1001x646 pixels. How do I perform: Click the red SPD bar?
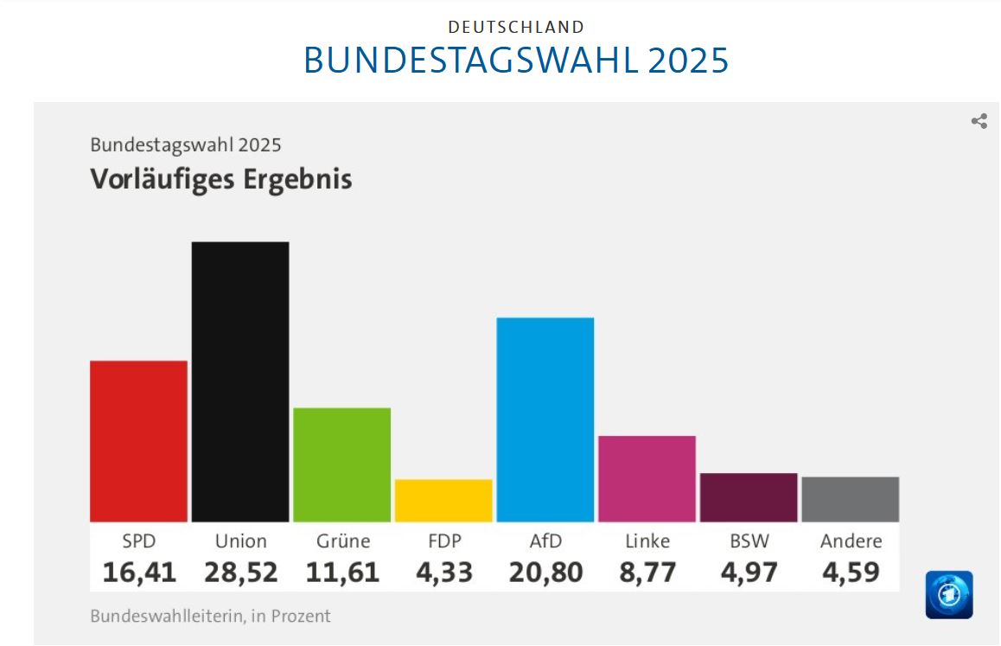coord(138,441)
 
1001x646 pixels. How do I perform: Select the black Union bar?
coord(240,381)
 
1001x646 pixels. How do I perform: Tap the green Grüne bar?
coord(341,464)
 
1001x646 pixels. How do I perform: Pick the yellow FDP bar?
coord(443,501)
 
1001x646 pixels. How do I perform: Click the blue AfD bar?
coord(545,419)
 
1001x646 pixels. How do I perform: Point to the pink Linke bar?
coord(647,478)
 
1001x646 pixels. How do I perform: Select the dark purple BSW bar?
coord(749,497)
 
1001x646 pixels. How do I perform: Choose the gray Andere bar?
coord(850,499)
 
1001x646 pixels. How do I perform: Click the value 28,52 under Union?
coord(241,572)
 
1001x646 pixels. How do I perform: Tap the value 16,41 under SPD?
coord(139,572)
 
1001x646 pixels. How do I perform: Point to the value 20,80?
coord(545,572)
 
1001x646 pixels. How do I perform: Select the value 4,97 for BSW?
coord(749,572)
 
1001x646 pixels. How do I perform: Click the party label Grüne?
coord(342,541)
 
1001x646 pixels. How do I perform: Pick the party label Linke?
coord(647,541)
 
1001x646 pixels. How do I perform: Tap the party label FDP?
coord(444,541)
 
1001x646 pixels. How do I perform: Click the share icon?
coord(979,121)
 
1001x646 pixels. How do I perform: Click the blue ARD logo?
coord(948,595)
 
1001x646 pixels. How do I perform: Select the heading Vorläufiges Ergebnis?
coord(221,179)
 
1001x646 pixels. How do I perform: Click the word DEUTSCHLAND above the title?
coord(516,28)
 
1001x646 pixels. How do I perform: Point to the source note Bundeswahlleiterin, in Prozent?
coord(210,617)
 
